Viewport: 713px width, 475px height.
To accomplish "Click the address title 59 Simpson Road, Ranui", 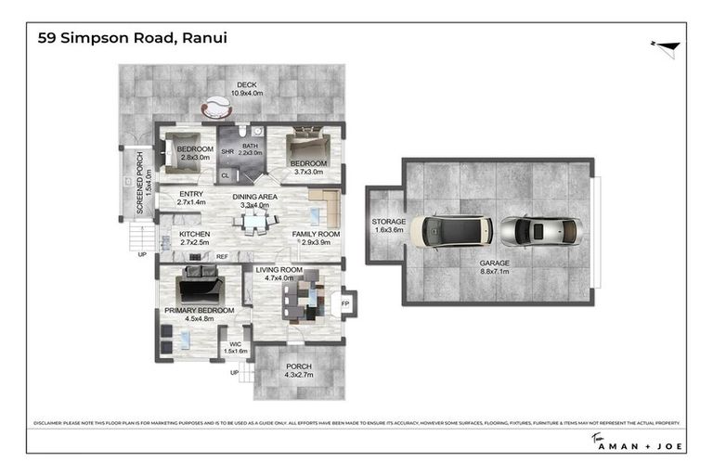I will tap(133, 38).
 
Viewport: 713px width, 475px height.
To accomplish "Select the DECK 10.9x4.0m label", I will tap(246, 88).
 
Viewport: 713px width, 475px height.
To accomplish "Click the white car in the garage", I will tap(454, 231).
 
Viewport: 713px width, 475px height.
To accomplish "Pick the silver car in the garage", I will tap(540, 231).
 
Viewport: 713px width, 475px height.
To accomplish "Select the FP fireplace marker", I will tap(344, 303).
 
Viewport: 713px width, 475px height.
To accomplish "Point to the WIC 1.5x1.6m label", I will tap(236, 347).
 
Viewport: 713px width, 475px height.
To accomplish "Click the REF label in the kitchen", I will tap(222, 257).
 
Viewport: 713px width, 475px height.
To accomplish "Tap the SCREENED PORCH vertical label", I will tap(141, 184).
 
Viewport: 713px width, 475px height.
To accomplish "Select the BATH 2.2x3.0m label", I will tap(250, 149).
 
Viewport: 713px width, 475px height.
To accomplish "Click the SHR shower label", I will tap(227, 152).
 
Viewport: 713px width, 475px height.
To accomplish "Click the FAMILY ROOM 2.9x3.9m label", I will tap(316, 239).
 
